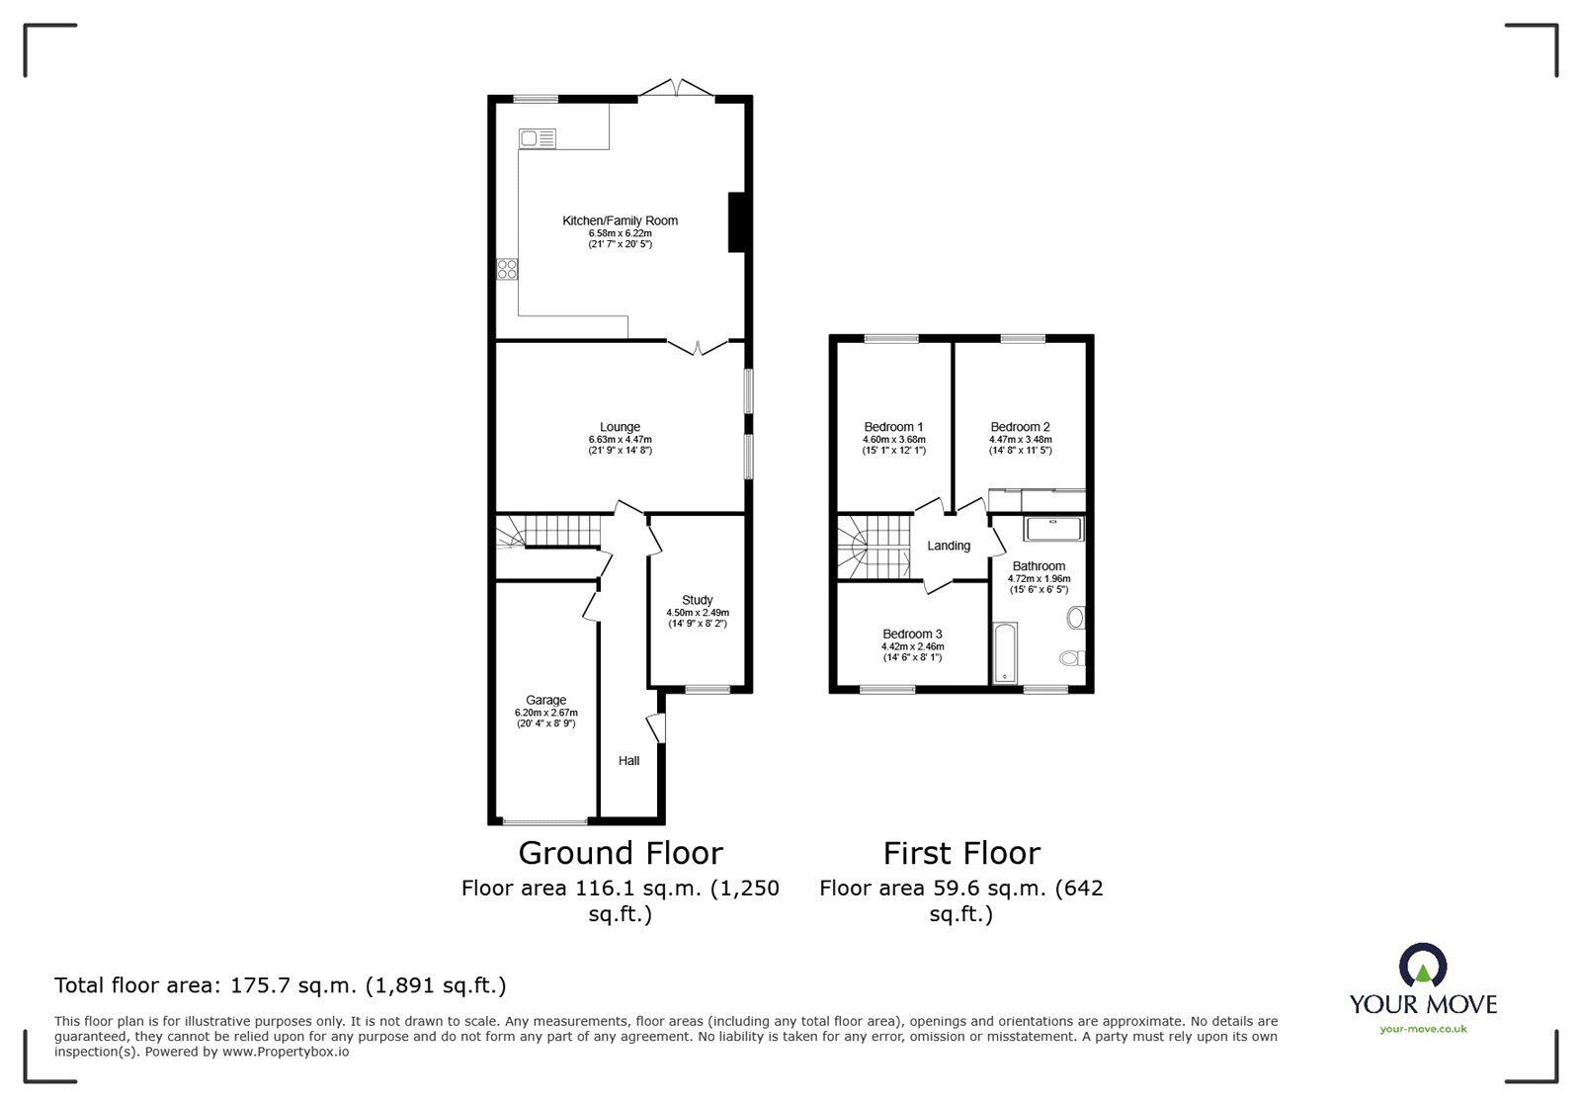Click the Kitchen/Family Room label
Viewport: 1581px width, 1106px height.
click(x=620, y=220)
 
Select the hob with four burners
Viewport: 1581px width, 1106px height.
click(x=508, y=269)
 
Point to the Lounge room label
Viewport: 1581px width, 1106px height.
click(x=620, y=427)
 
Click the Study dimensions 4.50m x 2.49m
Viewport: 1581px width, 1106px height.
click(x=697, y=613)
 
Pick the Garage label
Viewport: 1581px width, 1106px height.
click(x=545, y=700)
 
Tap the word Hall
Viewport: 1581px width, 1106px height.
click(x=628, y=760)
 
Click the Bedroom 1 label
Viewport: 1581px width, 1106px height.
click(x=893, y=427)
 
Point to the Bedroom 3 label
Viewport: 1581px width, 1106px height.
click(x=912, y=634)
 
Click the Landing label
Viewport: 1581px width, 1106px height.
click(x=949, y=546)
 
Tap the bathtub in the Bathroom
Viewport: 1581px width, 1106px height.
click(x=1004, y=652)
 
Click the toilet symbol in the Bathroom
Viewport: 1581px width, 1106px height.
click(x=1071, y=657)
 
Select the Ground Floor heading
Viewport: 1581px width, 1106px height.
click(x=621, y=853)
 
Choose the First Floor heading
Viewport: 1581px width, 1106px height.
click(x=961, y=853)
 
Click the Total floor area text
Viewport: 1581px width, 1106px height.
click(x=281, y=985)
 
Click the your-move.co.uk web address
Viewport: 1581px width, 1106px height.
click(x=1423, y=1029)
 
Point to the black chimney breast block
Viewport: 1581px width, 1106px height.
click(x=736, y=221)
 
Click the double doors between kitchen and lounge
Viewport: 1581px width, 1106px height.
click(x=698, y=347)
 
